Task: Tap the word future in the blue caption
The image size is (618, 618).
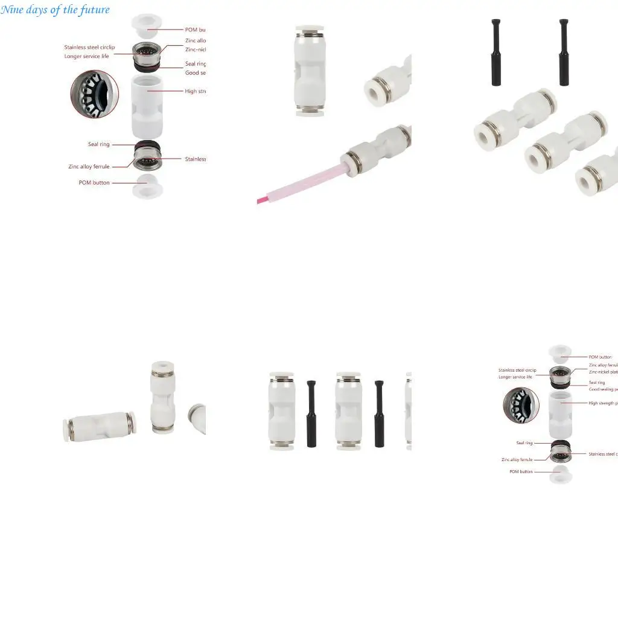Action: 95,10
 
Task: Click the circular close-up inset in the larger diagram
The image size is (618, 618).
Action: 95,94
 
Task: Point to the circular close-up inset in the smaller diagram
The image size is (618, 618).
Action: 521,405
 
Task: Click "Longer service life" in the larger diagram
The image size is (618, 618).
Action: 86,56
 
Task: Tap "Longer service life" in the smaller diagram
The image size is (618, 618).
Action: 515,377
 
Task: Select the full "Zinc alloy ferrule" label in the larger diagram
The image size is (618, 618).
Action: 89,167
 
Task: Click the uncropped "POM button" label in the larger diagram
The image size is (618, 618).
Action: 94,182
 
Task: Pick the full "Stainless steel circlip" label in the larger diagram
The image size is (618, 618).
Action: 89,47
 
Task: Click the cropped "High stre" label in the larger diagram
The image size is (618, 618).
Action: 195,91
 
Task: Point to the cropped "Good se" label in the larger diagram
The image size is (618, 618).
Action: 195,73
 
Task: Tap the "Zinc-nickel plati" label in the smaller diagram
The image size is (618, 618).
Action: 603,372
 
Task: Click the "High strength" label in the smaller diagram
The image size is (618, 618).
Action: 603,403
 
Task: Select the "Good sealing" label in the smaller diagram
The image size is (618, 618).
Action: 603,389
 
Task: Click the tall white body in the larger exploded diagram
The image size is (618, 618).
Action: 147,106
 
